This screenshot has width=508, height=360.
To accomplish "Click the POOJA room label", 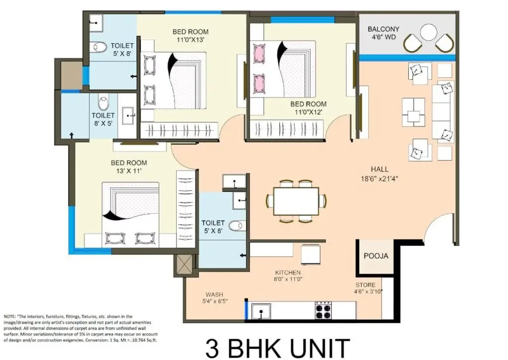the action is [376, 256].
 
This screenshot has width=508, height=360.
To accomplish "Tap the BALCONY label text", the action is [383, 29].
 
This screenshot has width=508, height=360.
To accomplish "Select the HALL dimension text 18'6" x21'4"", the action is [380, 179].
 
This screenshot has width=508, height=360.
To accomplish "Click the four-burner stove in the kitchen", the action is [323, 310].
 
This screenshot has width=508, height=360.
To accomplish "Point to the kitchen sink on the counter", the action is [261, 311].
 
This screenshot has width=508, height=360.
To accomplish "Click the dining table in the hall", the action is [296, 201].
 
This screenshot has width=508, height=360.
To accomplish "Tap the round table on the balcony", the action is [429, 32].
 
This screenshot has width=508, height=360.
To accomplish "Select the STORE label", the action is [366, 285].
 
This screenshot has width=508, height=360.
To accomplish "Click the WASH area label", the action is [214, 295].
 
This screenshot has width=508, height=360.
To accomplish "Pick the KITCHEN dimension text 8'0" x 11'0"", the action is [288, 279].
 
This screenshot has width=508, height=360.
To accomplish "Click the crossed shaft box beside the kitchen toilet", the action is [185, 264].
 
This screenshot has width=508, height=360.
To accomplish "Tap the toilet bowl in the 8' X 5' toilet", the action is [103, 103].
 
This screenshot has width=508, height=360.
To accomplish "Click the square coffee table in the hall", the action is [413, 113].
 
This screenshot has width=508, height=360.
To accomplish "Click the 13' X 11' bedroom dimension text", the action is [129, 171].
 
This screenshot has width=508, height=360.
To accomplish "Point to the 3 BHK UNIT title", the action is [278, 348].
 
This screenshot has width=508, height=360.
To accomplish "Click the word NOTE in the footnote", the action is [9, 316].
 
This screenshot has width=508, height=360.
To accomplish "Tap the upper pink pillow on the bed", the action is [260, 53].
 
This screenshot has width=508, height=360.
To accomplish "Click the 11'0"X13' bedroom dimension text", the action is [190, 40].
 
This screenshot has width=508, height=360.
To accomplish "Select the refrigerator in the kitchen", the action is [312, 255].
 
